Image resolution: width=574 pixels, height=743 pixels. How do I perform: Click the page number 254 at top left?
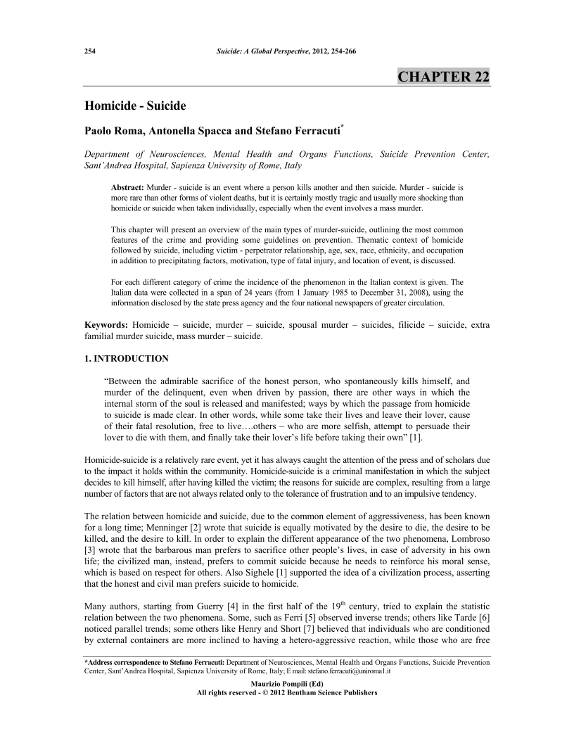[x=90, y=52]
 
